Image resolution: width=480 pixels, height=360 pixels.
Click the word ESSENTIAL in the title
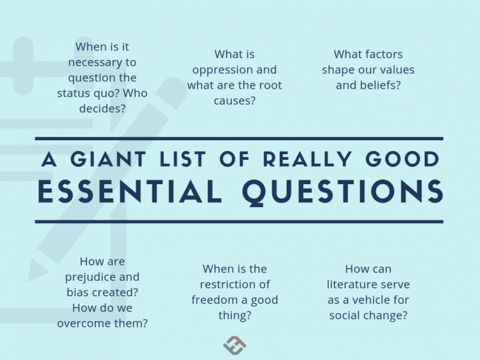tap(130, 191)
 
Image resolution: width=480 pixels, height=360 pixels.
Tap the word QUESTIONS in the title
tap(342, 191)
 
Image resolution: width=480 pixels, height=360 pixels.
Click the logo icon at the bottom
tap(235, 345)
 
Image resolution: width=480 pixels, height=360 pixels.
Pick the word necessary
tap(102, 62)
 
